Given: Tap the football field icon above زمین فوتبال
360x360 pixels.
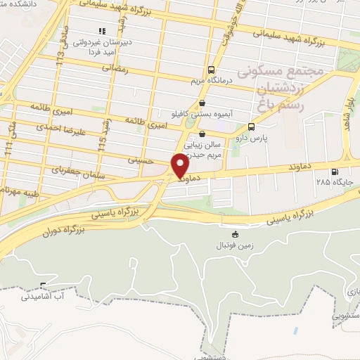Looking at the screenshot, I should [x=235, y=235].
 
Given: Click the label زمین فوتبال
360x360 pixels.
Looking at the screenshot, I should [x=236, y=245].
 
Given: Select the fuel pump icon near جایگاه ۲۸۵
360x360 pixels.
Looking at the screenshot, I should [x=333, y=171].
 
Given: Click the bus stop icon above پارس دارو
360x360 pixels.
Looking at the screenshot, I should [x=252, y=127].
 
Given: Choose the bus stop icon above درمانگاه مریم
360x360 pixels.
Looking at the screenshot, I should [x=211, y=70].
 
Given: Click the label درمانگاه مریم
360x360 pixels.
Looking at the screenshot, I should [x=211, y=80].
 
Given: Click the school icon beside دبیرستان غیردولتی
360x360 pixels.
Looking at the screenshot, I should [x=103, y=31].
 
